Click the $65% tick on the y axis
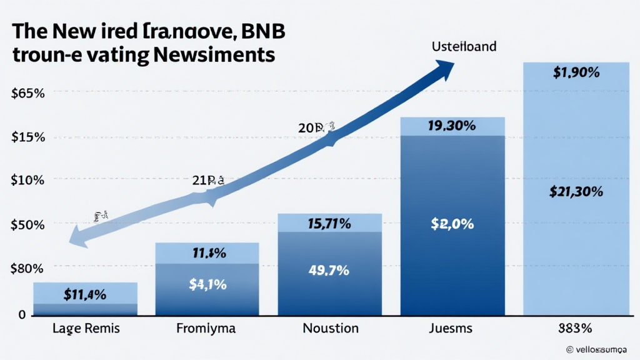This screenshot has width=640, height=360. (x=27, y=94)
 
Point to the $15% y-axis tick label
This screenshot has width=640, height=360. (x=27, y=137)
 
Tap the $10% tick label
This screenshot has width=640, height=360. (x=27, y=181)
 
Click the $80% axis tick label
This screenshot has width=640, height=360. (x=27, y=269)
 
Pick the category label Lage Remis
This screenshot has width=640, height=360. (x=85, y=328)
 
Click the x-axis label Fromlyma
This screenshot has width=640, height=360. (x=206, y=328)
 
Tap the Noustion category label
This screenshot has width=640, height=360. (x=330, y=328)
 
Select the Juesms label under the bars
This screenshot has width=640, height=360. (x=451, y=328)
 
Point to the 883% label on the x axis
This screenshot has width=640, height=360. (x=576, y=328)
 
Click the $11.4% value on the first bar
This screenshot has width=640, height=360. (x=85, y=294)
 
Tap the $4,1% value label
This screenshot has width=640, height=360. (x=207, y=284)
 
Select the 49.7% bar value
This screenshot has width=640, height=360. (x=329, y=271)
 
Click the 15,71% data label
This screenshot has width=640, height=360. (x=329, y=222)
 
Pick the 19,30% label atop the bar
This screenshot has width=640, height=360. (x=451, y=126)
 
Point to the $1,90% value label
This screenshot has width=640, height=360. (x=576, y=72)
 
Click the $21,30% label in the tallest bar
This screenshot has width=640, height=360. (x=576, y=192)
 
